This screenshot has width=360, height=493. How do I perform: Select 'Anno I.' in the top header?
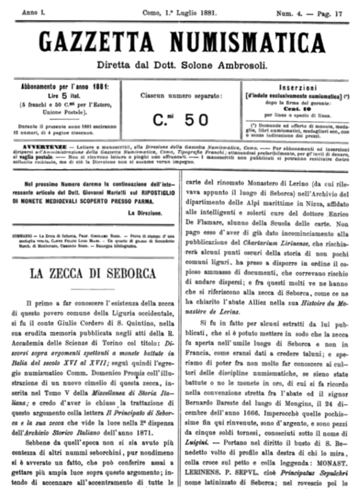coord(33,12)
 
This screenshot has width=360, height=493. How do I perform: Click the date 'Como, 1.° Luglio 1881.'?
coord(180,12)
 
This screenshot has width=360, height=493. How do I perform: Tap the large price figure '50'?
coord(196,119)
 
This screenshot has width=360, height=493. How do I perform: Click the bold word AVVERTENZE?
coord(44,144)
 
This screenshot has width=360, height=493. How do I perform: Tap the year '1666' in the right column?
coord(241,415)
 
